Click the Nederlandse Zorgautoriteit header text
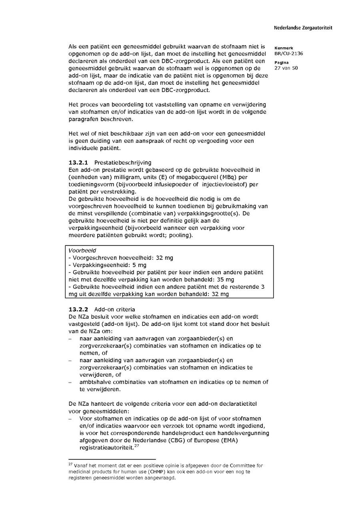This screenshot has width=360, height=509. (x=303, y=28)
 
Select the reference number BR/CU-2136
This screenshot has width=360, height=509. (x=288, y=54)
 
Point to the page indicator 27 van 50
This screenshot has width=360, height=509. (x=286, y=68)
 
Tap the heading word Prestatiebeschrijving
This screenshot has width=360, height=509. (x=123, y=162)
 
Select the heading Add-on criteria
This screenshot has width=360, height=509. (x=115, y=309)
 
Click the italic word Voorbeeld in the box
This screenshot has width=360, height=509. (x=80, y=250)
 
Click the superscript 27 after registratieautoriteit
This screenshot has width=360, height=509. (x=136, y=446)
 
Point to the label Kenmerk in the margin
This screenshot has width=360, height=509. (x=284, y=48)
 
